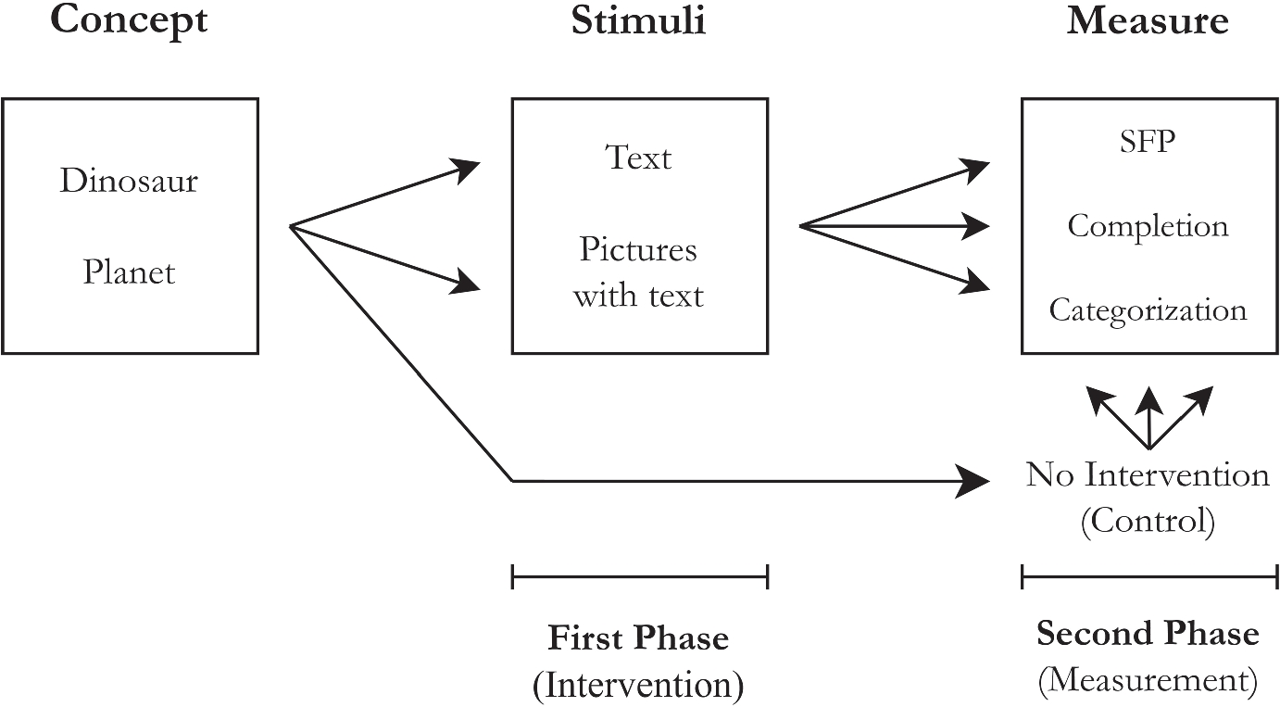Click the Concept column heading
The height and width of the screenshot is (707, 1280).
129,20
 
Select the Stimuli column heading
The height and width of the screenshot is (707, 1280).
638,20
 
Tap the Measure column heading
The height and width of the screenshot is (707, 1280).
1148,20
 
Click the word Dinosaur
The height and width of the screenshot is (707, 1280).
129,181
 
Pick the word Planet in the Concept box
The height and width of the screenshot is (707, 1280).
129,272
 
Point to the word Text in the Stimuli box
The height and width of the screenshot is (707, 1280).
638,158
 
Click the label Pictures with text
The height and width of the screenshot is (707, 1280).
638,272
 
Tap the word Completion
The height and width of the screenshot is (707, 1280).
1148,226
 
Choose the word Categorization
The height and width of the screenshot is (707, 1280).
1148,309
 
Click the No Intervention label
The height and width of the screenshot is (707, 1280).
1148,475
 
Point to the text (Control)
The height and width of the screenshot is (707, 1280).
1148,522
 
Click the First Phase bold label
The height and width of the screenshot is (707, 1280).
638,638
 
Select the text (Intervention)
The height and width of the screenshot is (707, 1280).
638,686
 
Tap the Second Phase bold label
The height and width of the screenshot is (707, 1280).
1148,634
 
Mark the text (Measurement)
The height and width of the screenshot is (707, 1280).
1148,681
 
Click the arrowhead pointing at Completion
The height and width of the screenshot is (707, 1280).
977,225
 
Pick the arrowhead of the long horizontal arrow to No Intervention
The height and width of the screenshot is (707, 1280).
975,481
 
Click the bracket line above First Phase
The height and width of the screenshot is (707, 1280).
639,579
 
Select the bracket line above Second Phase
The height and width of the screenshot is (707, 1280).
1148,579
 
